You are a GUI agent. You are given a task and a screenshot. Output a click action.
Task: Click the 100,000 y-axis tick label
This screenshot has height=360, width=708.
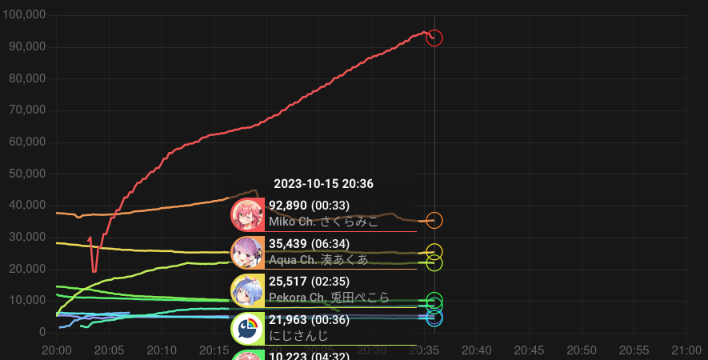coord(24,15)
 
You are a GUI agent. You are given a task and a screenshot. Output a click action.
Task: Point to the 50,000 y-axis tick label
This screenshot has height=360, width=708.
coord(27,174)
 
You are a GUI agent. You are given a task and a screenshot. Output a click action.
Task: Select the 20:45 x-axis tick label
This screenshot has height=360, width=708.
coord(529,350)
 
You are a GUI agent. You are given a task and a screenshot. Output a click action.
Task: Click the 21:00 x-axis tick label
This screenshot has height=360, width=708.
coord(686,350)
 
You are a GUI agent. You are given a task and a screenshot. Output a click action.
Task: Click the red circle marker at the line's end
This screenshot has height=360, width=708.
coord(434,38)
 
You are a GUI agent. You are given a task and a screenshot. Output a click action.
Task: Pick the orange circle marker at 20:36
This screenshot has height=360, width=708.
coord(434,220)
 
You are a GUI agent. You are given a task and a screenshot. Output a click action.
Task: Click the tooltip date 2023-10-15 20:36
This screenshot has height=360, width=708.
coord(322,184)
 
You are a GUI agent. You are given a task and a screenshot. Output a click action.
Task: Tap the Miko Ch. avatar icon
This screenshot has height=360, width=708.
coord(247,214)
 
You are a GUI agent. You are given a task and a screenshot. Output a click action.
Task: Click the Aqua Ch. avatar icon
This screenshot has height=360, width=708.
coord(247,253)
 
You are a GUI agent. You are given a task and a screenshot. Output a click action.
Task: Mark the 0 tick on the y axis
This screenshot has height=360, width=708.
coord(42,332)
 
